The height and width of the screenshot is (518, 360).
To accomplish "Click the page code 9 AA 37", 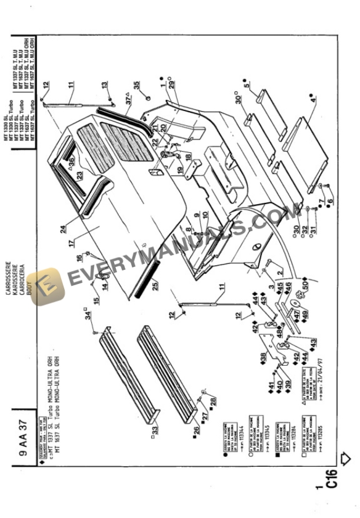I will (x=22, y=430).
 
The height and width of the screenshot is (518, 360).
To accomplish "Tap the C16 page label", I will (x=331, y=477).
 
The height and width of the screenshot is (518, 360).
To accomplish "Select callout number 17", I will (x=71, y=242).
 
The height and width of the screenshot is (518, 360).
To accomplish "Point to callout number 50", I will (x=304, y=285).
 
